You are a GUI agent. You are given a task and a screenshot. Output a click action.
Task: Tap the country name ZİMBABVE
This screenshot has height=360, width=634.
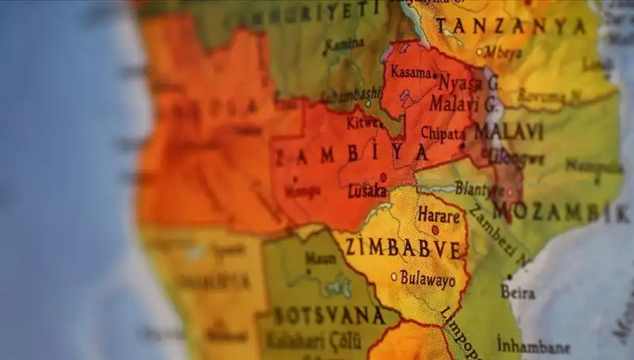[403, 249]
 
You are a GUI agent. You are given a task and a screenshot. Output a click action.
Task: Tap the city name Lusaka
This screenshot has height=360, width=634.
[367, 191]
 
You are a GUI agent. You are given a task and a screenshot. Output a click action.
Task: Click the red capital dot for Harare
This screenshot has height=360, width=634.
[435, 230]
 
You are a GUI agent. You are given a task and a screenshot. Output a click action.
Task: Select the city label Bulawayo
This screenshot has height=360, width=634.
[428, 279]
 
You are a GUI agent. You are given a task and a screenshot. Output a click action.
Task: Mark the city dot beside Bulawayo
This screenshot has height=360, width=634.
[394, 277]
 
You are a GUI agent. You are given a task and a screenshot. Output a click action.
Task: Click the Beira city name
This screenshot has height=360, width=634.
[518, 291]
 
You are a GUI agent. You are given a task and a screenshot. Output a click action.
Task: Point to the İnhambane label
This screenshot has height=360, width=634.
[533, 347]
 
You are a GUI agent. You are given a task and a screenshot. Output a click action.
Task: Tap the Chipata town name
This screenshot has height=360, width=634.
[442, 132]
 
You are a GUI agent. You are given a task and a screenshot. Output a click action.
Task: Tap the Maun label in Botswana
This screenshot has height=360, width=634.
[321, 259]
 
